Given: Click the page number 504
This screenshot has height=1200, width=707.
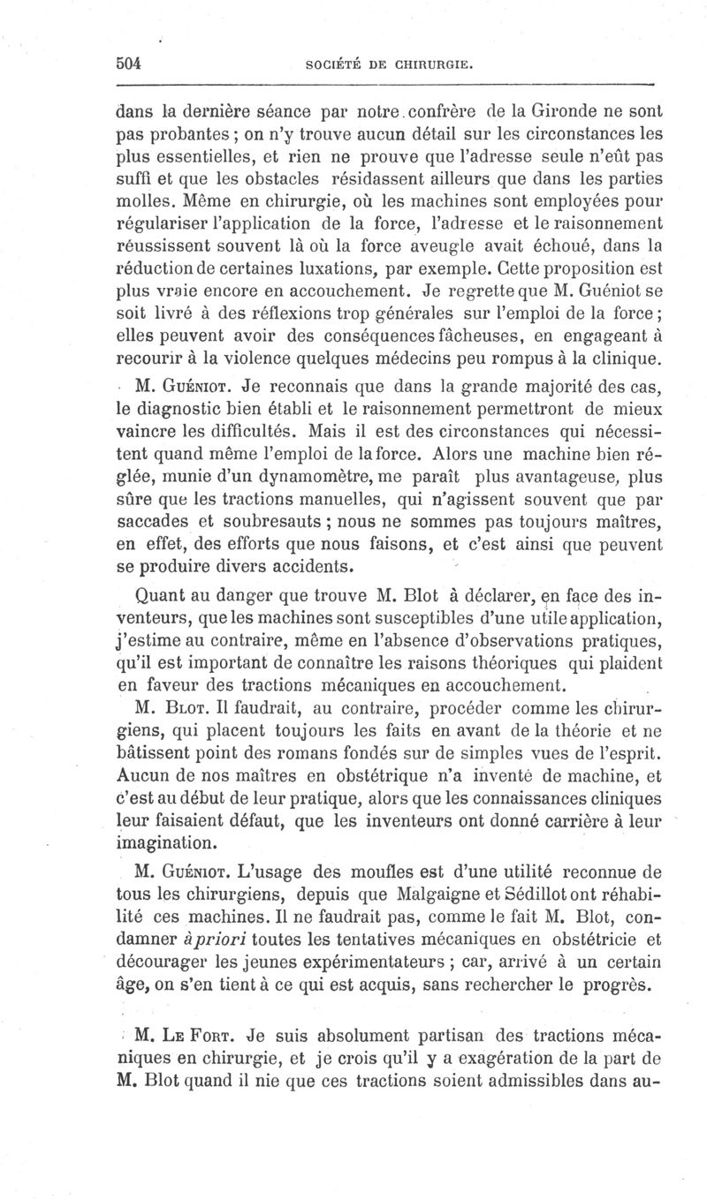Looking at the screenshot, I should point(130,64).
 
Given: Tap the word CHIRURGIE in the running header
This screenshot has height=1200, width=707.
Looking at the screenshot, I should point(437,64).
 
